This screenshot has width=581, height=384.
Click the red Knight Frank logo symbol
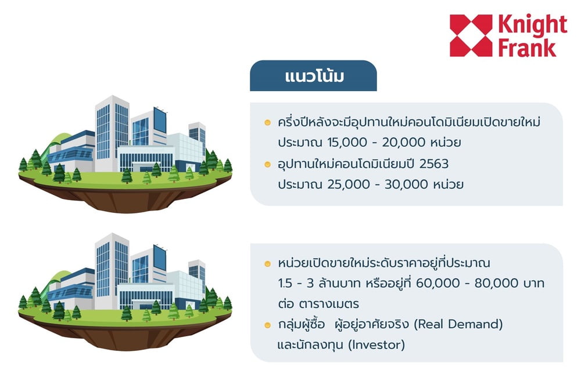click(x=471, y=35)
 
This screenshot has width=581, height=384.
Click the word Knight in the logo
click(x=532, y=25)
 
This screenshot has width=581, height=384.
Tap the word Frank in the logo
click(x=527, y=48)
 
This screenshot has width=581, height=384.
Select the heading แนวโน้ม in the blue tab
click(x=314, y=76)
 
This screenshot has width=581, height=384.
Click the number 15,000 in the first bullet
click(x=347, y=142)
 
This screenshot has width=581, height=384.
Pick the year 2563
click(x=434, y=163)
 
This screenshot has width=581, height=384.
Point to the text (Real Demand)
click(x=458, y=324)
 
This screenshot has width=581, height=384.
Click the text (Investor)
click(x=376, y=345)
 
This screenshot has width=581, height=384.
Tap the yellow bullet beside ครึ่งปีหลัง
click(x=267, y=122)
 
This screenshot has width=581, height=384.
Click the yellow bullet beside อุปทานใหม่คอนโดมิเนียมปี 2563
click(x=267, y=164)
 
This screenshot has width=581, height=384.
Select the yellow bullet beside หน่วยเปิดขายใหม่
click(x=267, y=264)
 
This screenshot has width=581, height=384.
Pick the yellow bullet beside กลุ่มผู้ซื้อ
click(x=267, y=325)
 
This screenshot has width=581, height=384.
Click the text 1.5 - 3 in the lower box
click(x=296, y=283)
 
